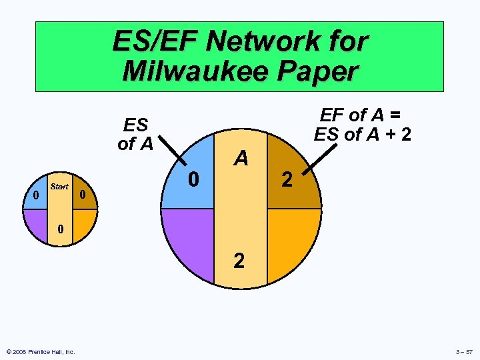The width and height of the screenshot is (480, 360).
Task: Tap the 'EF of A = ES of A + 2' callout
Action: coord(363,125)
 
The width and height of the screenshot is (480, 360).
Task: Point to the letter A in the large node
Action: coord(241,158)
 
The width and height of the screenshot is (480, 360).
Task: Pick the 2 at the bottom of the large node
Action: coord(239,260)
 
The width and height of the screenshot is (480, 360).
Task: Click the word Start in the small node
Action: coord(59,187)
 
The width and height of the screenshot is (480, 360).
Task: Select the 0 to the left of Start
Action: coord(35,195)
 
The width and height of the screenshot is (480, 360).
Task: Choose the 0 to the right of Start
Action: coord(82,195)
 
